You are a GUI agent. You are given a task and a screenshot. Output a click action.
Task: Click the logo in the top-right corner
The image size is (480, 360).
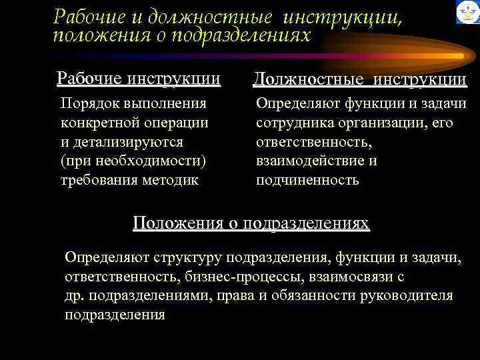(x=467, y=12)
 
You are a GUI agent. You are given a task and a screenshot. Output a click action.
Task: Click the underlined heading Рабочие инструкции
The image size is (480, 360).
(x=139, y=79)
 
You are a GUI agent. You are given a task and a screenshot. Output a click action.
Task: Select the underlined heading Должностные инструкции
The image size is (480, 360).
(x=360, y=80)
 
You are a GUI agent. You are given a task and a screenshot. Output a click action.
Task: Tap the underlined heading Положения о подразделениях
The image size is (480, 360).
(x=251, y=223)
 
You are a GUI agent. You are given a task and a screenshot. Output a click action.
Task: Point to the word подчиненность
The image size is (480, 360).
(x=307, y=181)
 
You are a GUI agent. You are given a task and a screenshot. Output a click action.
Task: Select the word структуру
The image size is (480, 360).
(x=188, y=257)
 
